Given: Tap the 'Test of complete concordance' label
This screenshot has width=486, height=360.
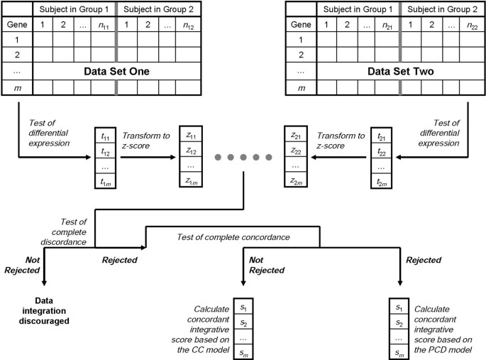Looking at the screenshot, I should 231,236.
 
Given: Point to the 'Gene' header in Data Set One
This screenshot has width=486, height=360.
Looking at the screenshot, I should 16,24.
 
